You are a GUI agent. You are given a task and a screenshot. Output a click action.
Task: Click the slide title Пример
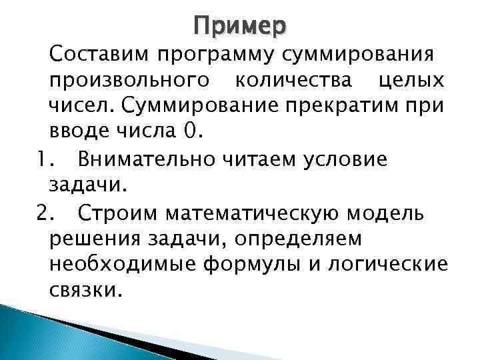tap(240, 27)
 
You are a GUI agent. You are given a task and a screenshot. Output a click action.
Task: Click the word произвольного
tap(126, 82)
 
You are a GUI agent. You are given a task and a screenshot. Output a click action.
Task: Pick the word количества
tap(289, 82)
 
